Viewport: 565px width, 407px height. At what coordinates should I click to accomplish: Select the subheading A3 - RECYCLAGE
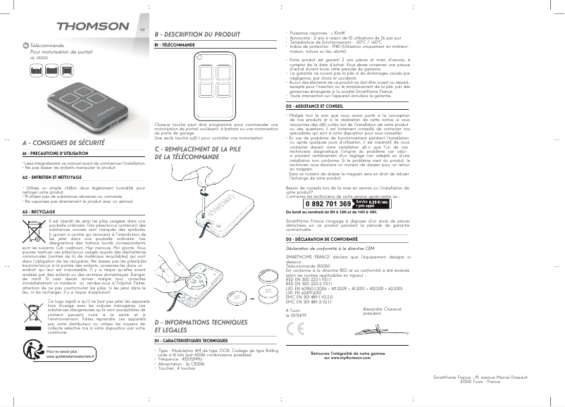click(x=39, y=211)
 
